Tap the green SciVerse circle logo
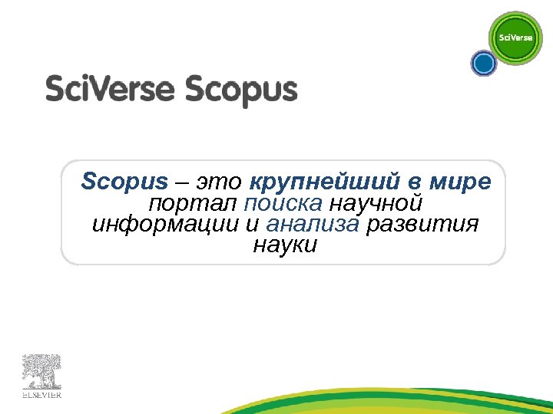pos(515,38)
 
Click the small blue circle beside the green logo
pos(484,64)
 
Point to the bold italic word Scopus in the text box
pos(124,182)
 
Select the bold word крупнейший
pos(324,182)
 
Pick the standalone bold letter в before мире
pos(414,182)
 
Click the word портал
pos(192,204)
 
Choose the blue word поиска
pos(283,204)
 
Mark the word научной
pos(376,204)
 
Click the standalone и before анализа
pos(253,225)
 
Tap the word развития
pos(422,225)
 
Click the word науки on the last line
pos(283,246)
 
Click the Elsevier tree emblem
pos(41,372)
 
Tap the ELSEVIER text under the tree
pos(41,396)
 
